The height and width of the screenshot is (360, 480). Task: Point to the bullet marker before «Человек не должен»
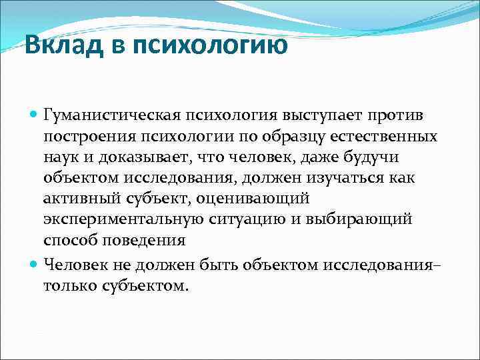[35, 265]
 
